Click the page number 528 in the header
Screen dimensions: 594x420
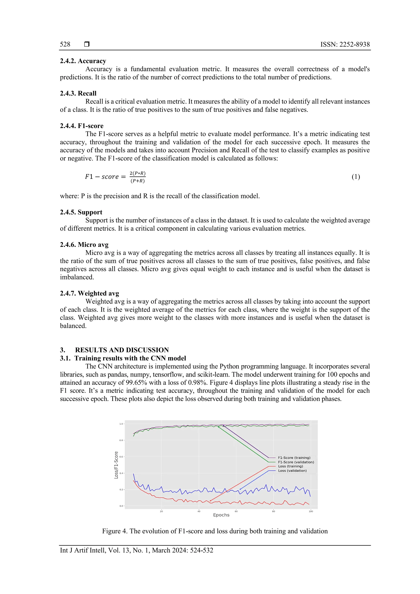(65, 44)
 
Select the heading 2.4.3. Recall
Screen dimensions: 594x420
(78, 93)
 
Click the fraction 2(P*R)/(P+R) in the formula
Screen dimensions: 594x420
(137, 177)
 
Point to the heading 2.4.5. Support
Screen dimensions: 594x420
(81, 212)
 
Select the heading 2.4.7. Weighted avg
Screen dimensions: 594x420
(89, 293)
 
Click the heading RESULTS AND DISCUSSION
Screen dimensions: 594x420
(122, 350)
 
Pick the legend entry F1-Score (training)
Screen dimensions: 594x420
(294, 458)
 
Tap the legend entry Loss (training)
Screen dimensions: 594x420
(290, 466)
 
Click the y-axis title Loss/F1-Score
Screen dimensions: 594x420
(116, 465)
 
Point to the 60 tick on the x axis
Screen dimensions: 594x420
(236, 511)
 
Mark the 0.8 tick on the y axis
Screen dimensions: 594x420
(121, 440)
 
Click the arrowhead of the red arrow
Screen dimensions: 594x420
(210, 501)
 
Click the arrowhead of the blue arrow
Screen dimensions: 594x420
(240, 489)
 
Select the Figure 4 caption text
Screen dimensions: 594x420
(215, 531)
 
